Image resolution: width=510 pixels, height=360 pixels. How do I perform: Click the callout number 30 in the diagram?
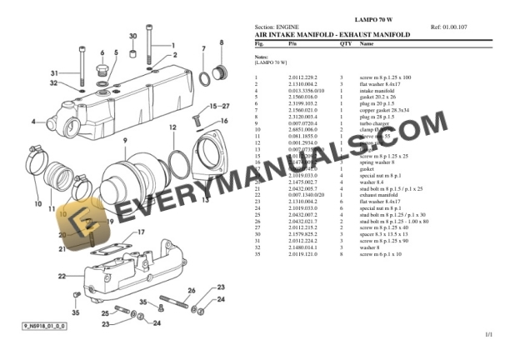133,37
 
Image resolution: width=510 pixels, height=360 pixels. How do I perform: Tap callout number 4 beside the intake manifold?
34,122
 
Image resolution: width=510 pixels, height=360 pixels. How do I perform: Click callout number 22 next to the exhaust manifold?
62,276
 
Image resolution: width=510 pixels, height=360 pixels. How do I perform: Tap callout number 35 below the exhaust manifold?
75,312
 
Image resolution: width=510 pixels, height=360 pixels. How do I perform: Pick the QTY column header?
346,43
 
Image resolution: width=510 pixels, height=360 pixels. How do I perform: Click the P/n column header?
292,43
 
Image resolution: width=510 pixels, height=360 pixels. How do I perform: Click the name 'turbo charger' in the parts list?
374,123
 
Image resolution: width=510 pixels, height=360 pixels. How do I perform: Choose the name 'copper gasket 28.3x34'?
383,109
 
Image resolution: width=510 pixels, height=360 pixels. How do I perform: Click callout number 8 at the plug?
221,42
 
